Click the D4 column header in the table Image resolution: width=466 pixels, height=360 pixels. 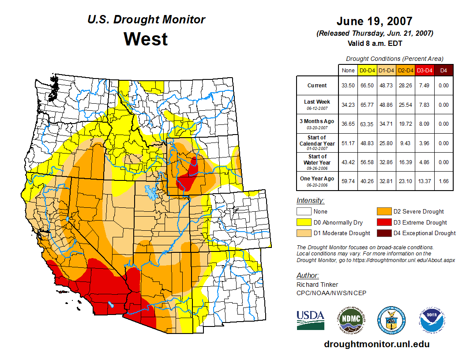pos(443,70)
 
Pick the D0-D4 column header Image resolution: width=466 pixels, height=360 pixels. pos(367,70)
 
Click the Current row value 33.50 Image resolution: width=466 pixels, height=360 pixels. pos(348,86)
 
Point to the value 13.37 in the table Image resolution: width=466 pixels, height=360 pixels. pos(424,181)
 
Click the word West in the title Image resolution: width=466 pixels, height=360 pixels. pos(146,39)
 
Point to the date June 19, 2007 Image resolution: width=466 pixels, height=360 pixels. pos(374,21)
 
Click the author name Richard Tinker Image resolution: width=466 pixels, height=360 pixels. pos(317,285)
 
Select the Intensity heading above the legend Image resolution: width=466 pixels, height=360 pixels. pos(310,201)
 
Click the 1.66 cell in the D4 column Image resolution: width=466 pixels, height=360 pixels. pos(443,181)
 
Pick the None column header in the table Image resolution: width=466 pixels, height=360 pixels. pos(348,70)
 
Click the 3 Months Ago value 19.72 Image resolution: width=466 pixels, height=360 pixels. pos(405,124)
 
